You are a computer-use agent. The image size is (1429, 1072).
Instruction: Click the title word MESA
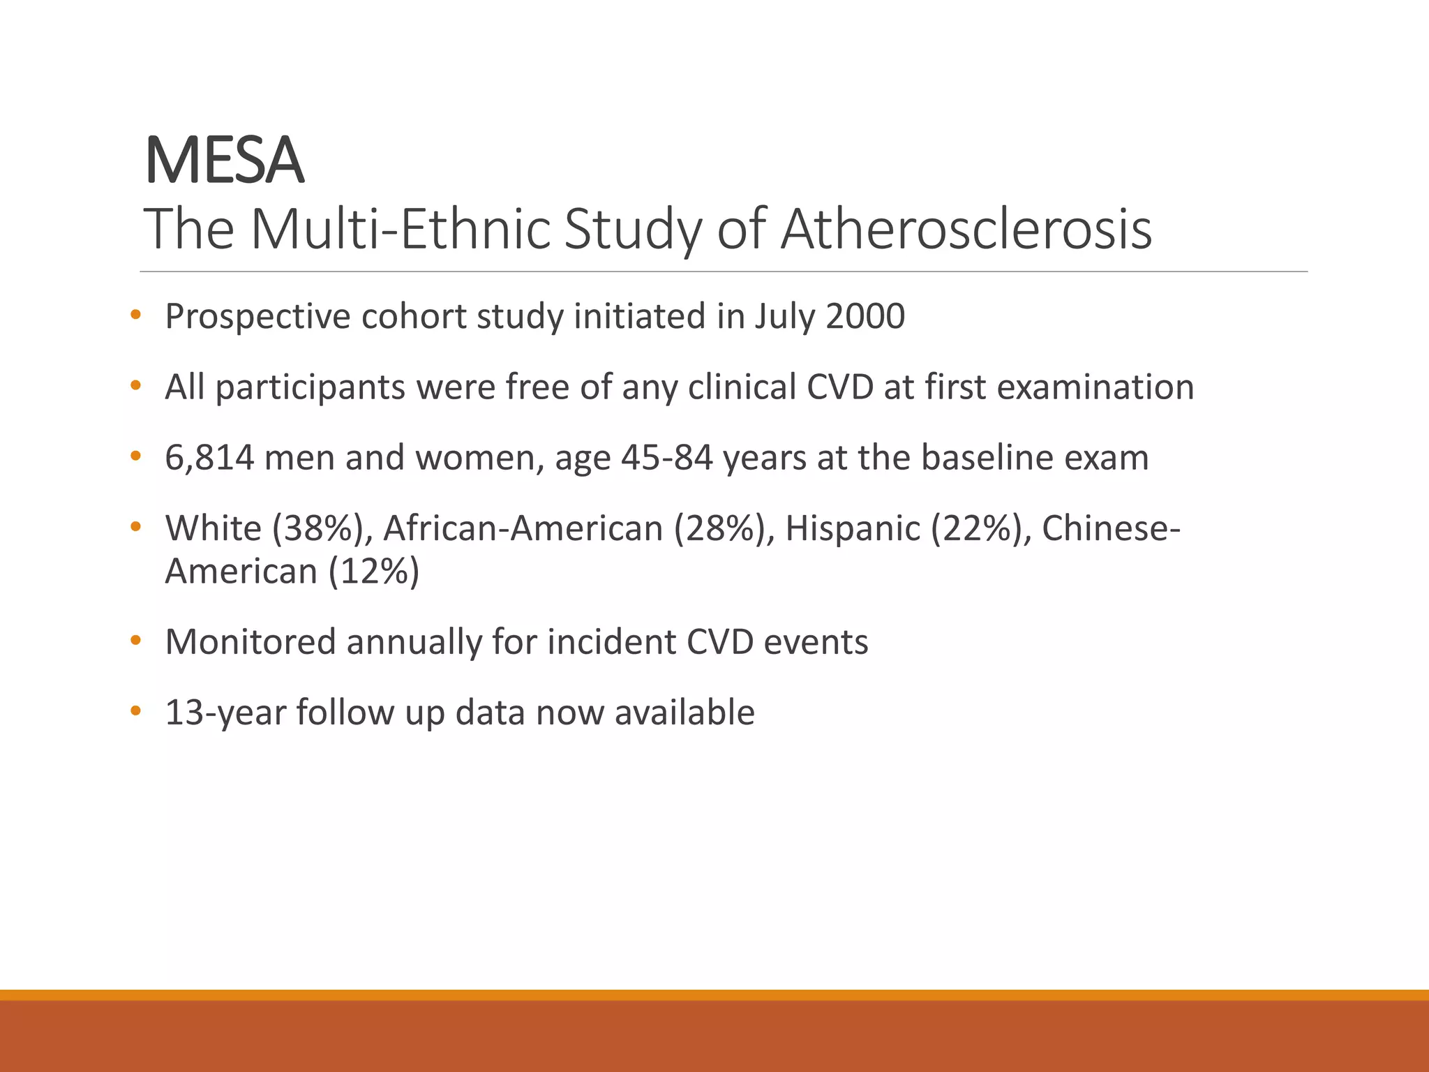[x=224, y=161]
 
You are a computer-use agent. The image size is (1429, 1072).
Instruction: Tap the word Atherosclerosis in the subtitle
[x=966, y=229]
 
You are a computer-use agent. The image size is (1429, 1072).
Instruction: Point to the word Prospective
[x=257, y=318]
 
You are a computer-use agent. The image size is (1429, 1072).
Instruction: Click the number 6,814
[x=209, y=458]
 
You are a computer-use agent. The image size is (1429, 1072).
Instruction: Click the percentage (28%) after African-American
[x=724, y=528]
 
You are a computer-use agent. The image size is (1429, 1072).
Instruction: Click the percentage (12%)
[x=374, y=572]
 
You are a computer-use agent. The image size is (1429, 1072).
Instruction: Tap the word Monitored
[x=250, y=642]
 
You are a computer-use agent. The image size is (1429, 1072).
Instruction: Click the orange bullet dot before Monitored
[x=135, y=640]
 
